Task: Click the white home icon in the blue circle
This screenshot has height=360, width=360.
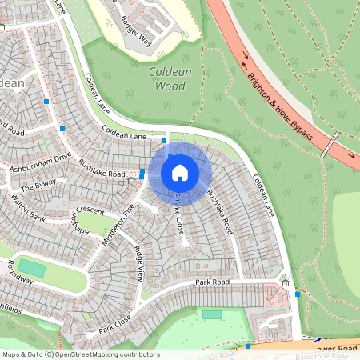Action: (180, 173)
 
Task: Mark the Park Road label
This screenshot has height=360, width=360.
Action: (212, 283)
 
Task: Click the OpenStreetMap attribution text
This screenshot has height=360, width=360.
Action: (81, 354)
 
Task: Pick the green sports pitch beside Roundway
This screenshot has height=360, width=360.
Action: (32, 267)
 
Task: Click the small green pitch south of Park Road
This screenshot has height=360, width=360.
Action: (211, 314)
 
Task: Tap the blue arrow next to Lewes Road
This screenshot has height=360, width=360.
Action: (317, 339)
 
